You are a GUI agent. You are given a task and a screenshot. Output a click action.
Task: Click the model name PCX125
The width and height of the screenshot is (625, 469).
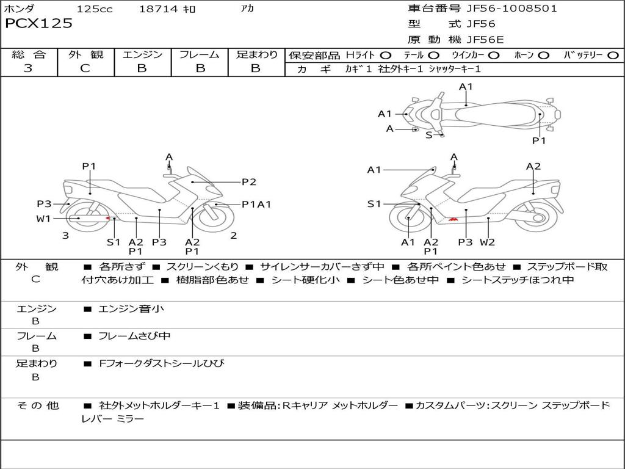tap(38, 24)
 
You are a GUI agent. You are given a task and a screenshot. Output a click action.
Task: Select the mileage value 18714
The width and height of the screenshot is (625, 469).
tap(158, 9)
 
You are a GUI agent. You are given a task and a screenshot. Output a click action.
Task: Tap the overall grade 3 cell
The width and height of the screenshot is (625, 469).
tap(28, 68)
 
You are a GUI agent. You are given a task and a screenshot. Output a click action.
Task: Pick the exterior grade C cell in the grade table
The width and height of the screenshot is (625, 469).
tap(85, 68)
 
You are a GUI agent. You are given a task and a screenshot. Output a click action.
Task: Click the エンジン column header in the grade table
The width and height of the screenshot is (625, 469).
tap(142, 55)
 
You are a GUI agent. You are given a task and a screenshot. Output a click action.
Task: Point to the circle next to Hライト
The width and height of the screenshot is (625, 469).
tap(385, 56)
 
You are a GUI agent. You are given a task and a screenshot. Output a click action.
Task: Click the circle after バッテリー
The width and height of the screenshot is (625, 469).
tap(613, 56)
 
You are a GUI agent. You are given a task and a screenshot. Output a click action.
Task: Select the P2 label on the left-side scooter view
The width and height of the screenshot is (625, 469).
tap(248, 181)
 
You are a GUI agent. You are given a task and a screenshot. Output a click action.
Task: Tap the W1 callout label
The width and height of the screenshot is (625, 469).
tap(44, 219)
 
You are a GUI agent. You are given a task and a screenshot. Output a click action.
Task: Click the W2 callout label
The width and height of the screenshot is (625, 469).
tap(487, 242)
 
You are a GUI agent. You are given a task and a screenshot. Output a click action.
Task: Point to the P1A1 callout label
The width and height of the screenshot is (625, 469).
tap(256, 205)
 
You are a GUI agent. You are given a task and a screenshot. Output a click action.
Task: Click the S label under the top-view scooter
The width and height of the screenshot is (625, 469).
tap(428, 135)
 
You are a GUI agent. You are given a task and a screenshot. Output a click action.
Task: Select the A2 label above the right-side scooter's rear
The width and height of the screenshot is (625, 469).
tap(533, 166)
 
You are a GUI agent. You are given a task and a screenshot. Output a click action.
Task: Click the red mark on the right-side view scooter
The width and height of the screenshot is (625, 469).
tap(453, 219)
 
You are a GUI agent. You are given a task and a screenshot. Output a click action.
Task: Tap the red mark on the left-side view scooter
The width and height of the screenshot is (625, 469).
tap(109, 218)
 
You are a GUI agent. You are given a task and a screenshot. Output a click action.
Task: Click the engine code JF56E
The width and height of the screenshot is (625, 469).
tap(485, 40)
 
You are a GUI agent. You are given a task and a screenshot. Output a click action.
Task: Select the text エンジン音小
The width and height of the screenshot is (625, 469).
tap(131, 309)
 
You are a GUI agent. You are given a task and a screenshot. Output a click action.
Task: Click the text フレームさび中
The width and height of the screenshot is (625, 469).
tap(134, 336)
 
